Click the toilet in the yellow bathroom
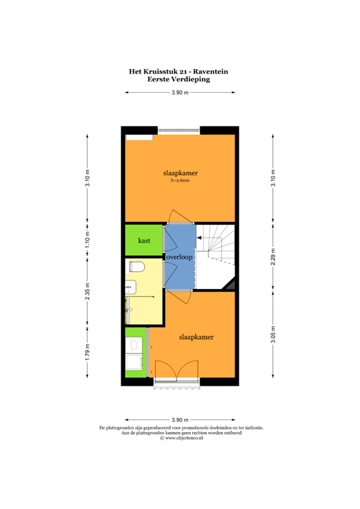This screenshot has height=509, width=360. pos(137,266)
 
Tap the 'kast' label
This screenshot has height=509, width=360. pos(143,240)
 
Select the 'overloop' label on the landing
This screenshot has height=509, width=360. pos(179,256)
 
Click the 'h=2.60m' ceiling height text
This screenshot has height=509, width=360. pos(180,180)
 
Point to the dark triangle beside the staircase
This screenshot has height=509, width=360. pos(231,285)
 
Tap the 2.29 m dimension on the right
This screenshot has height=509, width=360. pos(272,256)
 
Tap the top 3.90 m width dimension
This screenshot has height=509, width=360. pos(180,93)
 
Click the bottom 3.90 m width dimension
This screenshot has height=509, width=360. pos(180,420)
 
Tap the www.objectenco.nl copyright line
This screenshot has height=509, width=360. pos(180,438)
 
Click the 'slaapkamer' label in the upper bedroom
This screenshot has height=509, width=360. pos(180,173)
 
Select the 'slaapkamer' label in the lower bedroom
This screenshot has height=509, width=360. pos(196,337)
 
